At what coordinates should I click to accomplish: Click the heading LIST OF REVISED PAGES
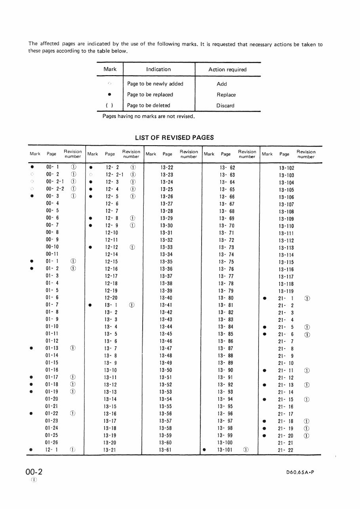[x=174, y=138]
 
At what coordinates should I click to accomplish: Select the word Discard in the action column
[x=225, y=106]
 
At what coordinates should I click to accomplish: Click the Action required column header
[x=227, y=70]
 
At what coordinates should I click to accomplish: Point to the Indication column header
[x=158, y=69]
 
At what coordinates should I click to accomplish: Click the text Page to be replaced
[x=150, y=95]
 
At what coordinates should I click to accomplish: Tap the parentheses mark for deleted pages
[x=110, y=106]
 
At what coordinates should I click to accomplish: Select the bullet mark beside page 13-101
[x=204, y=450]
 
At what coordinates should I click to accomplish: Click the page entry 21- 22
[x=286, y=450]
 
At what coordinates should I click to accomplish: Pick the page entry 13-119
[x=286, y=291]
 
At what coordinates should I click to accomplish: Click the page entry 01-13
[x=52, y=348]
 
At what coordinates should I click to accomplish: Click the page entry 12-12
[x=111, y=247]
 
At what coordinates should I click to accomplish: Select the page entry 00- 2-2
[x=55, y=189]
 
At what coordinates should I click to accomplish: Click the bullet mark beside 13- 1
[x=91, y=305]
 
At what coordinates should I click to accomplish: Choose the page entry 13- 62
[x=227, y=168]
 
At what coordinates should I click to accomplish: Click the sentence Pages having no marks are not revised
[x=149, y=116]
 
